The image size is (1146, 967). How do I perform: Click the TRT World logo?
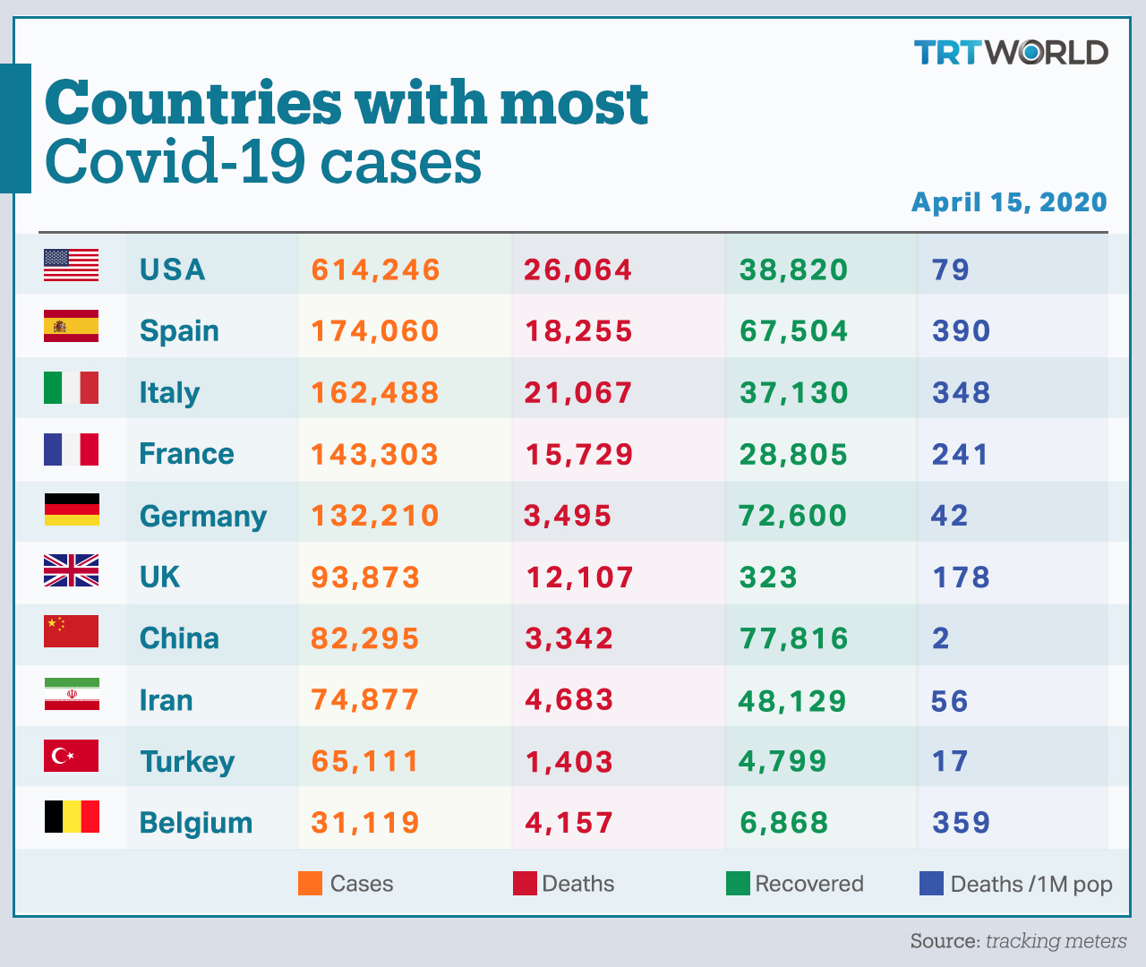pyautogui.click(x=1011, y=52)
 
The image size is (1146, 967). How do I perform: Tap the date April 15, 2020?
pyautogui.click(x=1009, y=202)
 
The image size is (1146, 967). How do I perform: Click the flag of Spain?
pyautogui.click(x=72, y=326)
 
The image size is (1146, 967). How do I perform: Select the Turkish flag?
pyautogui.click(x=72, y=756)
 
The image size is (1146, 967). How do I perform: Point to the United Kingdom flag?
pyautogui.click(x=72, y=570)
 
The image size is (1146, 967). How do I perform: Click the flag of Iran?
pyautogui.click(x=72, y=694)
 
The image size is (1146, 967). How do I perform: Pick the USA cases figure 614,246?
pyautogui.click(x=375, y=270)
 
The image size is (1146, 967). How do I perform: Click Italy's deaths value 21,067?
pyautogui.click(x=578, y=393)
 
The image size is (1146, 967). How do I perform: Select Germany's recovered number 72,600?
pyautogui.click(x=792, y=516)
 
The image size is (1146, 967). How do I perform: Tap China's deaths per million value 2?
pyautogui.click(x=941, y=638)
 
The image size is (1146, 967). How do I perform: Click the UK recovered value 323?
pyautogui.click(x=768, y=578)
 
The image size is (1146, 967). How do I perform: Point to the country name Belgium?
pyautogui.click(x=196, y=823)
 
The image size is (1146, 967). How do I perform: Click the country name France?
pyautogui.click(x=186, y=454)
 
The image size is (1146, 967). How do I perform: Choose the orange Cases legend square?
pyautogui.click(x=310, y=884)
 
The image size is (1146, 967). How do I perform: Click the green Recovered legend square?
pyautogui.click(x=739, y=884)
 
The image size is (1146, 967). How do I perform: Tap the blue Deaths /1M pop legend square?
pyautogui.click(x=931, y=884)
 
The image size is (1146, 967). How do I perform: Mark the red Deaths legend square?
pyautogui.click(x=526, y=884)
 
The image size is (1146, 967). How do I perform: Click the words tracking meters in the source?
pyautogui.click(x=1056, y=941)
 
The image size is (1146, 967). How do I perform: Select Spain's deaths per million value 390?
pyautogui.click(x=961, y=331)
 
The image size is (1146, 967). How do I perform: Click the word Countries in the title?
pyautogui.click(x=193, y=102)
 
